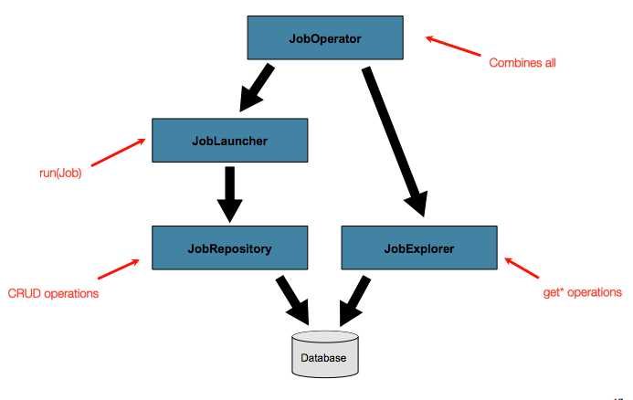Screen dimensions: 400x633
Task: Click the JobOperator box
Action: pyautogui.click(x=326, y=39)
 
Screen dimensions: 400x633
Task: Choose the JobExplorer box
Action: pyautogui.click(x=419, y=247)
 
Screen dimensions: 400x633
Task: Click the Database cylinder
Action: pyautogui.click(x=323, y=354)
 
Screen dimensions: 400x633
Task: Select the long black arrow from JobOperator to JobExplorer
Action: pyautogui.click(x=394, y=137)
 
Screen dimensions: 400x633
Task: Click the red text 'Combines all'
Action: pyautogui.click(x=522, y=63)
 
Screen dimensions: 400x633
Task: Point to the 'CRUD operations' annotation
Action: pyautogui.click(x=53, y=293)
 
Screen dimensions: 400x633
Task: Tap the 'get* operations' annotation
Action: pyautogui.click(x=582, y=292)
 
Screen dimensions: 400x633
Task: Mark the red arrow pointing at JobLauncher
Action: pyautogui.click(x=118, y=152)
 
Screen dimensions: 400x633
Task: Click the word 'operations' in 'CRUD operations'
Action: pyautogui.click(x=71, y=293)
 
